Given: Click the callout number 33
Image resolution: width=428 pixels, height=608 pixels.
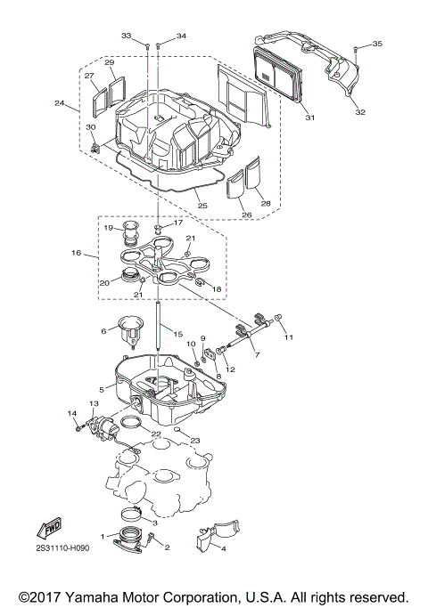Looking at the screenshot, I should tap(127, 36).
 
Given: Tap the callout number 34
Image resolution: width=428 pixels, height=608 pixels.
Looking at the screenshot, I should tap(182, 36).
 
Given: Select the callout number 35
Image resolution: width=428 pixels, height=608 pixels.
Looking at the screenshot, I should tap(377, 44).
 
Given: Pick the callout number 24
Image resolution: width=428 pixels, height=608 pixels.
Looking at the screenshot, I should tap(60, 104).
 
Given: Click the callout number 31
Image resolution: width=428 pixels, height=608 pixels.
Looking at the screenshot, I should tap(309, 118).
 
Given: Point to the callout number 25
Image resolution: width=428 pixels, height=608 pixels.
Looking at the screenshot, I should tap(202, 206).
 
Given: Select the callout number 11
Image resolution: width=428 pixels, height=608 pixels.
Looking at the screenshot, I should tap(288, 337).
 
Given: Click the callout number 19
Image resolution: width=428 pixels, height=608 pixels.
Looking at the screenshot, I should tap(108, 229).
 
